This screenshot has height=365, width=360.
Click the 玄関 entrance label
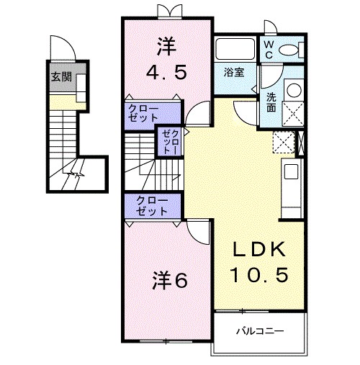pos(60,76)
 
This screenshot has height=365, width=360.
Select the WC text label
pos(268,49)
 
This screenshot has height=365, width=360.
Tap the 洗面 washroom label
pos(271,102)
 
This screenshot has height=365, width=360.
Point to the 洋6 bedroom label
pos(170,281)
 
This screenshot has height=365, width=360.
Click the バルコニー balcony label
pos(259,332)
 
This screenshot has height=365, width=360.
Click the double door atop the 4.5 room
pos(166,10)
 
